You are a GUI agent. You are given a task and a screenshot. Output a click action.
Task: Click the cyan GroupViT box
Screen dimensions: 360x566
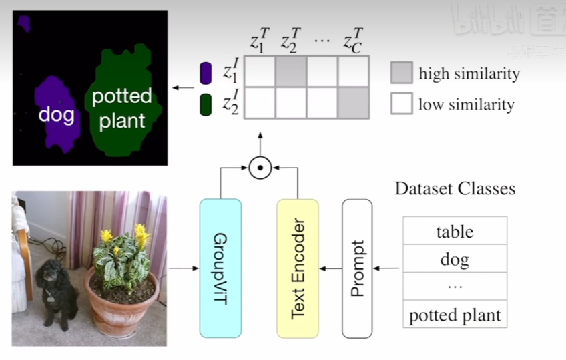tap(220, 268)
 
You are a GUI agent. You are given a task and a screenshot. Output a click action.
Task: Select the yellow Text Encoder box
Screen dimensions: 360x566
tap(298, 268)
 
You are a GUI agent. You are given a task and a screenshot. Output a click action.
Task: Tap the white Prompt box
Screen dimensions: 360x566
tap(357, 268)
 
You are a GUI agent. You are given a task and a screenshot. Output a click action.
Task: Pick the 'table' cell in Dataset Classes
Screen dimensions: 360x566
tap(455, 232)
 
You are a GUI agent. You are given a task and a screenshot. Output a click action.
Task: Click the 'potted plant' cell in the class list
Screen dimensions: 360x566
tap(455, 315)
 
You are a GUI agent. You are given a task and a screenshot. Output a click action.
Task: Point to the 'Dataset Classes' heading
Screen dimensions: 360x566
tap(455, 188)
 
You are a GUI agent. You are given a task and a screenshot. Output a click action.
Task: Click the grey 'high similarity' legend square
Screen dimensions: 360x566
tap(401, 73)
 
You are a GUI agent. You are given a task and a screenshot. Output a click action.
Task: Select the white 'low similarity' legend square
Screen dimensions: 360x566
tap(401, 104)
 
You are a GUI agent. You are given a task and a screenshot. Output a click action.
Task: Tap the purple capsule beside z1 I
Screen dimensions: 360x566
tap(206, 73)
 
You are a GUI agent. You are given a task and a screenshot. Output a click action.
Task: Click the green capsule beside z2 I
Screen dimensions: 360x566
tap(206, 105)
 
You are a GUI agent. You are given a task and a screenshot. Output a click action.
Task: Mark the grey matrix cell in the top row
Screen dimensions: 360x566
tap(291, 71)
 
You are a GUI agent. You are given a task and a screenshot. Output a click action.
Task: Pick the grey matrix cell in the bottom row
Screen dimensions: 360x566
tap(354, 103)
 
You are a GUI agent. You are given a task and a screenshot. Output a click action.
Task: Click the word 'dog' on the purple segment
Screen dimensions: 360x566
tap(56, 115)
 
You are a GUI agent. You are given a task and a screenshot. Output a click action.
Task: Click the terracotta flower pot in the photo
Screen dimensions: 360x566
tap(121, 307)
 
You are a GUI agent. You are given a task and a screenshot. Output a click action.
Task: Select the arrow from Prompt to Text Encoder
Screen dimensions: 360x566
tap(330, 268)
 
